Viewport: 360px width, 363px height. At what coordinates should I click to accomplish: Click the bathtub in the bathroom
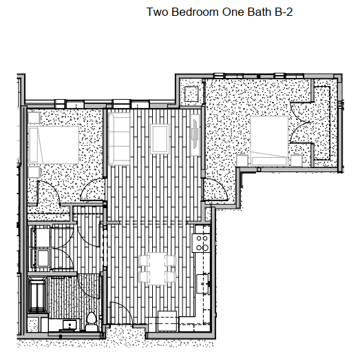click(x=36, y=295)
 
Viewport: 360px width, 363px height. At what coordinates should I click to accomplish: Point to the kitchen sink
click(x=204, y=282)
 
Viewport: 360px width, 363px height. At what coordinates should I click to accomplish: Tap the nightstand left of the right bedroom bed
click(x=242, y=160)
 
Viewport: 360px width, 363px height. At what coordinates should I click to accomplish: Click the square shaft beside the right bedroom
click(x=192, y=92)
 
